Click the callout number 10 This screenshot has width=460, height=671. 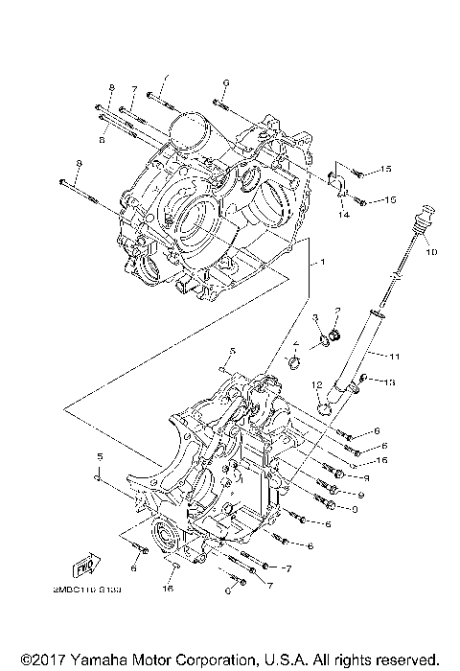point(430,252)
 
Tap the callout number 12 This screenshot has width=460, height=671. point(315,384)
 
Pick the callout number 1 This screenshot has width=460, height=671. point(323,262)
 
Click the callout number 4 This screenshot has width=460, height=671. point(296,343)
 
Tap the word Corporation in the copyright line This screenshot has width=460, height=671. point(214,659)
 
